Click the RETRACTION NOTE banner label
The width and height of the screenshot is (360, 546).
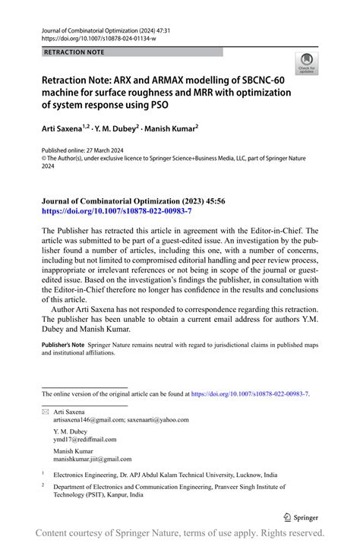pyautogui.click(x=74, y=52)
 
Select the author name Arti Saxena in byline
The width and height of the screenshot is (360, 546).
pyautogui.click(x=63, y=130)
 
